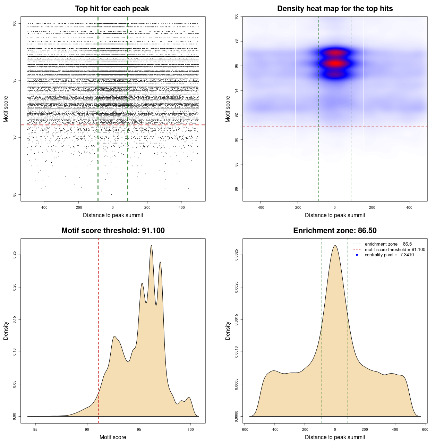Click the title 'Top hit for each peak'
(112, 9)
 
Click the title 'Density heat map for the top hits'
(335, 9)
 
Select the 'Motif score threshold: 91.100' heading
(113, 231)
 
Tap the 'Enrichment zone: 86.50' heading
(335, 231)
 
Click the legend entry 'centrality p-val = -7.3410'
(389, 255)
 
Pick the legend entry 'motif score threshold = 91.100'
(395, 249)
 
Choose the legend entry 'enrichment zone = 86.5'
(388, 244)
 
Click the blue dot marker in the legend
(357, 255)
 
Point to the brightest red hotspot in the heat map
(335, 63)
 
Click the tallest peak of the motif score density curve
(151, 246)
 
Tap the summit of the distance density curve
(335, 246)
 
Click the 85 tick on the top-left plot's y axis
(15, 194)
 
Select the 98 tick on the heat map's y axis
(237, 41)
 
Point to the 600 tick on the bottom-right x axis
(425, 429)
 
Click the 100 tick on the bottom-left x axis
(190, 429)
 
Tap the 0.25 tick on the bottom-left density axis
(15, 255)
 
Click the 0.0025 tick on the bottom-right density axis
(237, 255)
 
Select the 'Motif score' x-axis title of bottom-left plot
(113, 437)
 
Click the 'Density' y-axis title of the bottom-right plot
(228, 331)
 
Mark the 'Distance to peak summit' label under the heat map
(335, 215)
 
